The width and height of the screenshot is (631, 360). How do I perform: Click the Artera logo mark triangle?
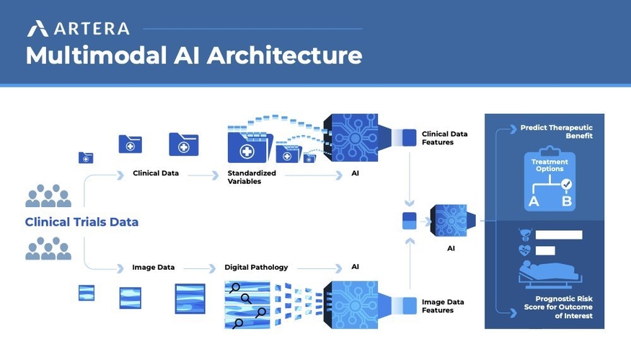tap(37, 29)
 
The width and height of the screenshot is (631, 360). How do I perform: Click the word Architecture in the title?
tap(285, 55)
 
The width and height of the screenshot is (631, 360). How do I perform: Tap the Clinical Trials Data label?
tap(81, 222)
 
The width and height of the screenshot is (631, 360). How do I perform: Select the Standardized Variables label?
tap(252, 177)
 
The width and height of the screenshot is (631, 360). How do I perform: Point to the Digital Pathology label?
tap(256, 267)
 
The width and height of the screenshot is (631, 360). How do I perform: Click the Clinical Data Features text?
tap(445, 138)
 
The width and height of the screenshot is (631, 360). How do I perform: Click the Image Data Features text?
tap(443, 306)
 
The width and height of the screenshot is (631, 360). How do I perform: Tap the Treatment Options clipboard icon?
tap(550, 179)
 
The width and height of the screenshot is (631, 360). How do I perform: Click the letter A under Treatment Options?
tap(534, 201)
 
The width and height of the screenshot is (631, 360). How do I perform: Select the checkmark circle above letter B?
tap(567, 185)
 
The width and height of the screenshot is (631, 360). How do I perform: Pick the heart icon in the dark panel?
tap(525, 250)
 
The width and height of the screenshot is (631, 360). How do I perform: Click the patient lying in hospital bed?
tap(550, 275)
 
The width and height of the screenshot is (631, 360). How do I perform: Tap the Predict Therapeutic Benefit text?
tap(557, 132)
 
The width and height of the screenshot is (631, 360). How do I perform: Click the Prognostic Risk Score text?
tap(558, 307)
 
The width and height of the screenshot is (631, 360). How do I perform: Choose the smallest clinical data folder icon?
tap(86, 157)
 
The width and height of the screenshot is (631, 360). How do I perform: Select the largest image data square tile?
tap(190, 299)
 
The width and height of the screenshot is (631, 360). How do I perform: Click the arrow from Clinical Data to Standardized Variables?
tap(203, 175)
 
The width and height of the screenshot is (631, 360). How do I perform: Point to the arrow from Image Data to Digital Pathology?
tap(200, 268)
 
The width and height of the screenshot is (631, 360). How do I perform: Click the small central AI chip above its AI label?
tap(452, 221)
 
